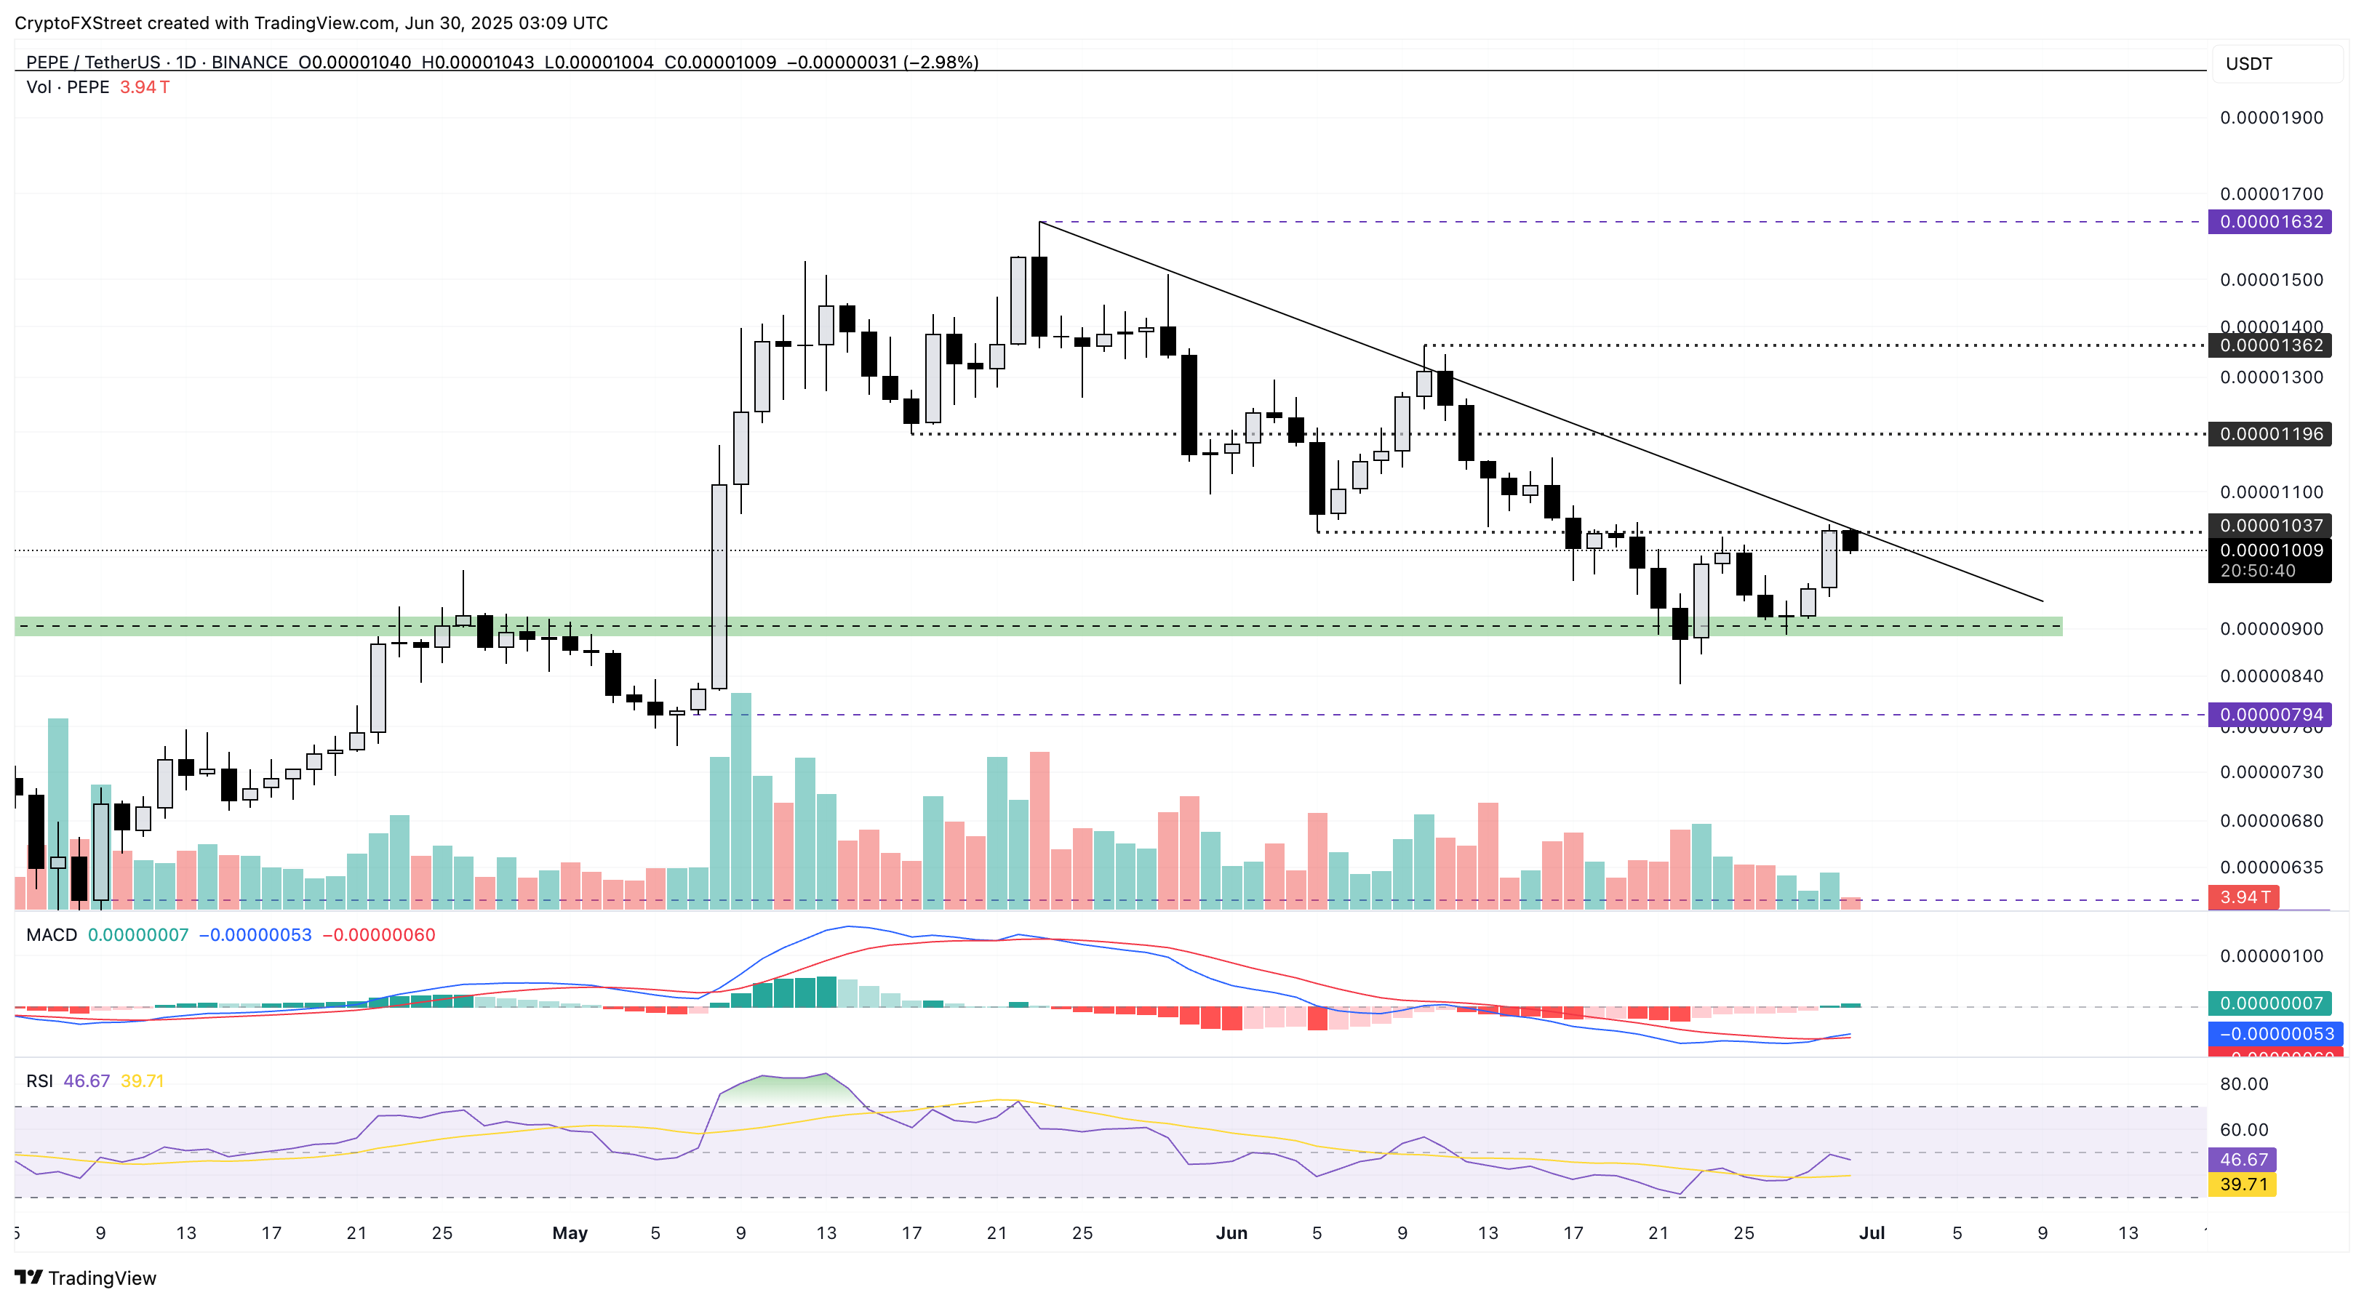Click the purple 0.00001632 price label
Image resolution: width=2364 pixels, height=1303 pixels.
[x=2270, y=222]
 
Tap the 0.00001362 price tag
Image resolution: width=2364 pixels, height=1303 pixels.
[x=2270, y=346]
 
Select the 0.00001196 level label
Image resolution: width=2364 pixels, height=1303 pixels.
[x=2270, y=434]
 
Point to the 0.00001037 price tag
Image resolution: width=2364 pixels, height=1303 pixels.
[x=2270, y=526]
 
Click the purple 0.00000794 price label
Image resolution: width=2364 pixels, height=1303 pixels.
[x=2270, y=715]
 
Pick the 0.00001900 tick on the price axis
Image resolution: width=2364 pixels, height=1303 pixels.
[x=2270, y=118]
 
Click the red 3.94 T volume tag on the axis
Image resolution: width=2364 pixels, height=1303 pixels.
[x=2245, y=897]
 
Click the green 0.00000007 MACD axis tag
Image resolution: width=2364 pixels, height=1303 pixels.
[x=2270, y=1004]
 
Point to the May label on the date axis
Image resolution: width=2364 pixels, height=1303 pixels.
[x=570, y=1233]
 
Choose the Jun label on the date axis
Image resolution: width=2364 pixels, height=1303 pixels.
[x=1231, y=1233]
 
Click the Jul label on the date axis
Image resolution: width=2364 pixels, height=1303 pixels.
[x=1871, y=1233]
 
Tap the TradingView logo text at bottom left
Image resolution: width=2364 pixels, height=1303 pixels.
[x=101, y=1278]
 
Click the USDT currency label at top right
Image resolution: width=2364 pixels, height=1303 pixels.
[x=2248, y=63]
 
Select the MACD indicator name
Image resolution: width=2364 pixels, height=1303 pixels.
[x=52, y=935]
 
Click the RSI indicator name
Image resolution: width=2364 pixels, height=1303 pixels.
[x=39, y=1081]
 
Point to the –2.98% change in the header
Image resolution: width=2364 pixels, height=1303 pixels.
[x=941, y=63]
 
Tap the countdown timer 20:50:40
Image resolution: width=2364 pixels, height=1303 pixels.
[x=2258, y=571]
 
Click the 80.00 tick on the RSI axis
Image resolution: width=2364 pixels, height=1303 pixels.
[x=2244, y=1083]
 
